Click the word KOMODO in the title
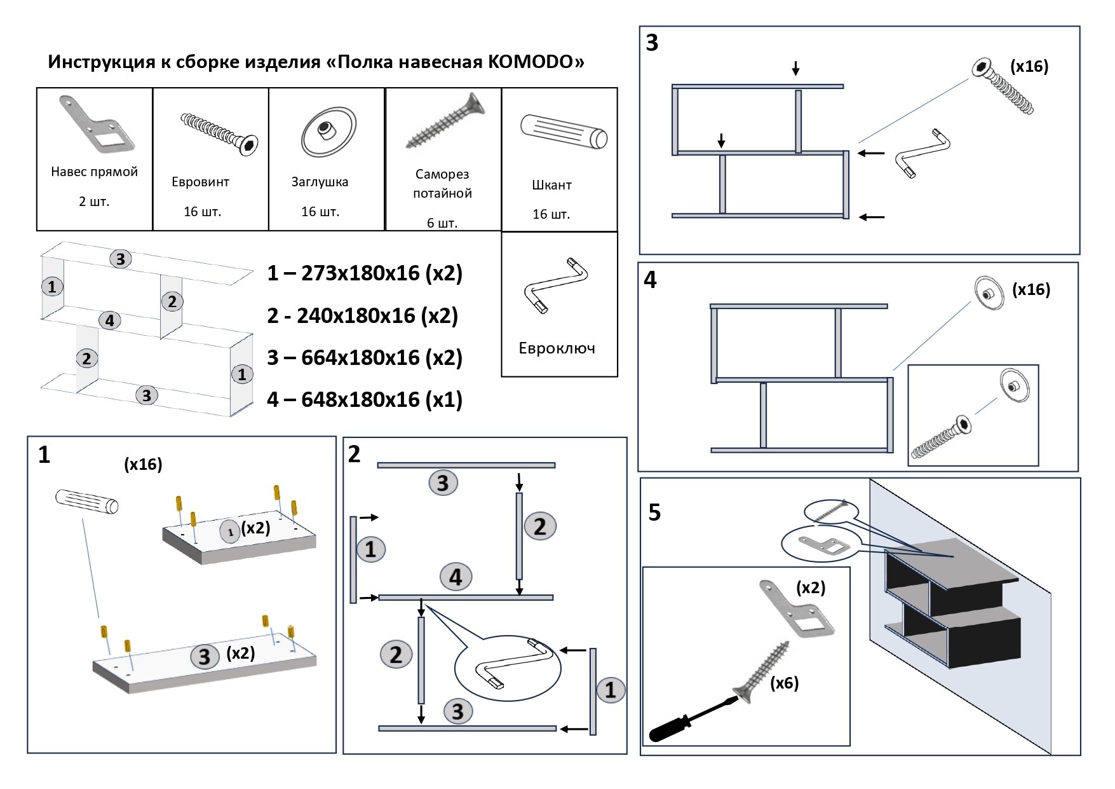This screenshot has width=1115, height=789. coord(530,62)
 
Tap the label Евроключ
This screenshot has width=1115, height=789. coord(557,348)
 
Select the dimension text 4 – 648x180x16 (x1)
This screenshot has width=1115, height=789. coord(365,399)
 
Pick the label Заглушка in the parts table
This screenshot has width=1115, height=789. coord(320,182)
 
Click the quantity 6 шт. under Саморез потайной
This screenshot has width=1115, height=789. coord(442,223)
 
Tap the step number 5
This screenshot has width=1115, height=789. coord(654,512)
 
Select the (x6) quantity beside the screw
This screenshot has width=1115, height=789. coord(784,683)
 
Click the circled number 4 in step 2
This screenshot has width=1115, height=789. coord(456,577)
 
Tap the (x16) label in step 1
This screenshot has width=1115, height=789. coord(143,464)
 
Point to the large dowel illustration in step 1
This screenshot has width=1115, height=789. coord(87,500)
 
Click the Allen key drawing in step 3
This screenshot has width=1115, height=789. coord(922,153)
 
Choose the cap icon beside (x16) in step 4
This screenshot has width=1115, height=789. coord(989,292)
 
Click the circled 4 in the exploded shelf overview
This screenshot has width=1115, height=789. coord(110,320)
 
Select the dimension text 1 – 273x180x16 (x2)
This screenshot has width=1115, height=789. coord(365,273)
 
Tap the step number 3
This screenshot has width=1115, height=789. coord(652,43)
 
